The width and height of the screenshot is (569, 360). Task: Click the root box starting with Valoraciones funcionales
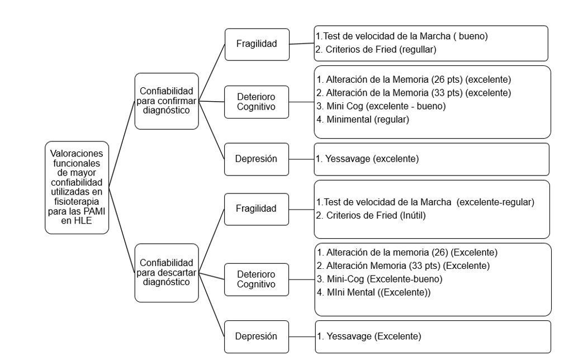tap(77, 187)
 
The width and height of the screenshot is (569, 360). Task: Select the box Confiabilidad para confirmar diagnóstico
tap(167, 101)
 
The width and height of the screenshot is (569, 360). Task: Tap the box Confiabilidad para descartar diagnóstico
tap(167, 273)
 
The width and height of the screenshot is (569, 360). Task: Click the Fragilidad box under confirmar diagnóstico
tap(256, 43)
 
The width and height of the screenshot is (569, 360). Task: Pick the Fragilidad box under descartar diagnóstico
tap(256, 209)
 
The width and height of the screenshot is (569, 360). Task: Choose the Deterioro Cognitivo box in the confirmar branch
tap(256, 102)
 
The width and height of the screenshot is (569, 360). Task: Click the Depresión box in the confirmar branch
tap(256, 159)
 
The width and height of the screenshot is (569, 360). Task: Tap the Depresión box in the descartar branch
tap(256, 336)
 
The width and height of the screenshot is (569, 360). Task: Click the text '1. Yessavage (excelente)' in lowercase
tap(367, 159)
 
